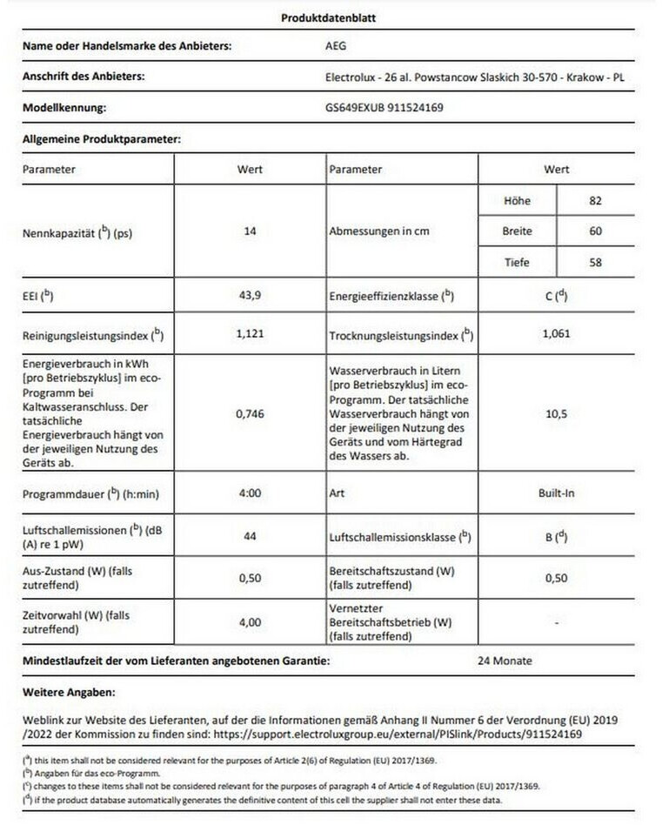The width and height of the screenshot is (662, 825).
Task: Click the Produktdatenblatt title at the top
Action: pyautogui.click(x=329, y=17)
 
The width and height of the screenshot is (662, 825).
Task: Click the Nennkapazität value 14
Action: pyautogui.click(x=250, y=232)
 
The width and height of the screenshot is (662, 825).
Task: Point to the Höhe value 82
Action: pyautogui.click(x=595, y=201)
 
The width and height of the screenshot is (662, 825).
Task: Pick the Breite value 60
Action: pyautogui.click(x=595, y=231)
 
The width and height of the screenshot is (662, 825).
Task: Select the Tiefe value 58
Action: pyautogui.click(x=595, y=262)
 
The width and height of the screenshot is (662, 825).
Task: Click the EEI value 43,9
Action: pyautogui.click(x=250, y=296)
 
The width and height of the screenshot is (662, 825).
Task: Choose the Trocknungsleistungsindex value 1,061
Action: pyautogui.click(x=557, y=332)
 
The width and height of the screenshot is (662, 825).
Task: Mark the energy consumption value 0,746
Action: pyautogui.click(x=250, y=415)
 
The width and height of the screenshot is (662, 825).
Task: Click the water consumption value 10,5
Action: pyautogui.click(x=557, y=414)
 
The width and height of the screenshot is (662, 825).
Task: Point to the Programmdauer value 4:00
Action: pyautogui.click(x=250, y=493)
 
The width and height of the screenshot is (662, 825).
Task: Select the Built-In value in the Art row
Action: pyautogui.click(x=557, y=493)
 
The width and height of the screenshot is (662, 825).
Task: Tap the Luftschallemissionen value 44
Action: pyautogui.click(x=250, y=537)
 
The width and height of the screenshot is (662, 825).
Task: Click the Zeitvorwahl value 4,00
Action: pyautogui.click(x=250, y=623)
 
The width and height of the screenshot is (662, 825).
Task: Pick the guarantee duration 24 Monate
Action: pyautogui.click(x=505, y=661)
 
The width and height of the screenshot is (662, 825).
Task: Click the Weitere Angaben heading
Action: pyautogui.click(x=69, y=692)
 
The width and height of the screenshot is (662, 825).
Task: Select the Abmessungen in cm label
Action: pyautogui.click(x=379, y=232)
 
